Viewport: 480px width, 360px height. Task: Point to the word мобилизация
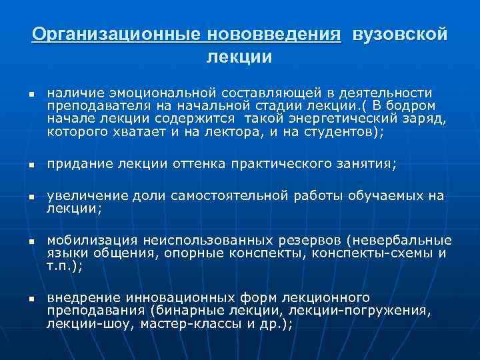[91, 240]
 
